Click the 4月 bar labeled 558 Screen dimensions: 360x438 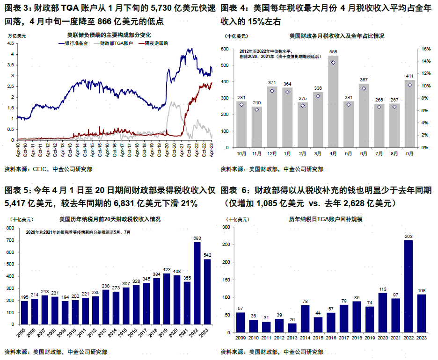(x=333, y=101)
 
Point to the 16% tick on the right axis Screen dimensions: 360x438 (x=426, y=49)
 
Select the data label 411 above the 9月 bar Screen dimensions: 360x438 (x=409, y=76)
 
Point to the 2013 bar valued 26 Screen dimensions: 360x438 (x=292, y=330)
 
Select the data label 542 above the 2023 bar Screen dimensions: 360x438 (x=207, y=255)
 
